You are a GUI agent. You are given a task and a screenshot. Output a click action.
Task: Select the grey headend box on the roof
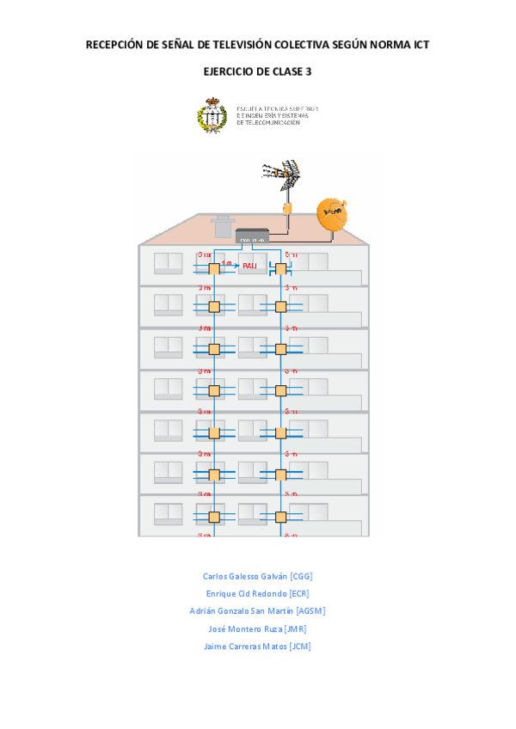[253, 236]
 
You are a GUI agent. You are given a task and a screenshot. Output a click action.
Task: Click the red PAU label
[249, 266]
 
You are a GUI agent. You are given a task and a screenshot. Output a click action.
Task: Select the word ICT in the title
[420, 45]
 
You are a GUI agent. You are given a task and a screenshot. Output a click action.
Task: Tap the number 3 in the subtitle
[309, 72]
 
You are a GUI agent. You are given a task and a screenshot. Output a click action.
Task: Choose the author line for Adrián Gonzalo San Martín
[257, 611]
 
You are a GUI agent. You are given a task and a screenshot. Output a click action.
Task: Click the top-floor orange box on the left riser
[214, 268]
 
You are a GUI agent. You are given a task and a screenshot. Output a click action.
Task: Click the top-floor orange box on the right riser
[280, 269]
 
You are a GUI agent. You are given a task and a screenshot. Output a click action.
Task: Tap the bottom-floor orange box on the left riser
[214, 517]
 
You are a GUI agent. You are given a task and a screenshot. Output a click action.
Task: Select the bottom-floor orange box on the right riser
[280, 517]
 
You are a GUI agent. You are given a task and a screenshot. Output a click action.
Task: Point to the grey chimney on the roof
[223, 227]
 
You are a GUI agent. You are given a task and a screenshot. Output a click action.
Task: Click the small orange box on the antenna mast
[289, 208]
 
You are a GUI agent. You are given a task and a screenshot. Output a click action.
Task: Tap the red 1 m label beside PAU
[226, 262]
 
